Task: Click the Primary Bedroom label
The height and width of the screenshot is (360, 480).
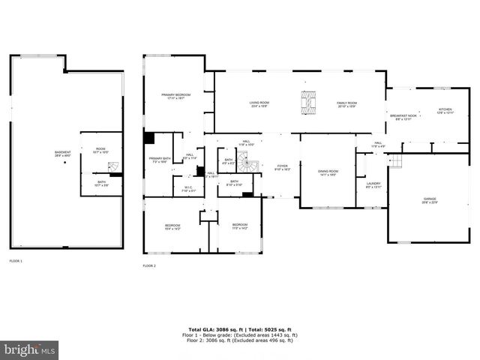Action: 176,96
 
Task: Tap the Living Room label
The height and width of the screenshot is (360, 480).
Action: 259,104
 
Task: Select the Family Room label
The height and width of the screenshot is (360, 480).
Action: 346,104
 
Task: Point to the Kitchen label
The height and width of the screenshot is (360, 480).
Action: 445,111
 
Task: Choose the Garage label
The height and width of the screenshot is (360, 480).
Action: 429,200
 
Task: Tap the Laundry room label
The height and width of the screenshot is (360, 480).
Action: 373,184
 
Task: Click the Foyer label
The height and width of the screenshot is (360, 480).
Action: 282,167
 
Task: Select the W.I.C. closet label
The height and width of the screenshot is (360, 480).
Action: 188,189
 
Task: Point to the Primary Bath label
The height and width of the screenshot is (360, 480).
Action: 160,160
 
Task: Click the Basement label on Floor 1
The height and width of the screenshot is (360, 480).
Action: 63,154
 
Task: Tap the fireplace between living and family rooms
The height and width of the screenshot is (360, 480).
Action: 307,102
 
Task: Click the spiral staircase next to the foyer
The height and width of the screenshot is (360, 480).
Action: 253,165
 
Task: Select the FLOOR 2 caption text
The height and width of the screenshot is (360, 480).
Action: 149,265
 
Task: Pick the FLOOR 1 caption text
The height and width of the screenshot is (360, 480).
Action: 16,260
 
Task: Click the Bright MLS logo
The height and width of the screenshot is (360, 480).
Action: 30,349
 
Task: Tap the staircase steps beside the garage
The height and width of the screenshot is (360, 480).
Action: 395,160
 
